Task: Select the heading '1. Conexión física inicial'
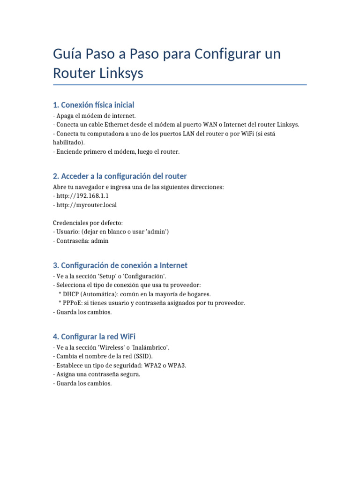pos(94,105)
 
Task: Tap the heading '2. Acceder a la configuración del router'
pos(120,176)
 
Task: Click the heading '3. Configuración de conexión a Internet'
pos(120,265)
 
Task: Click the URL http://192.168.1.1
pos(82,196)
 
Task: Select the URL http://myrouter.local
pos(87,205)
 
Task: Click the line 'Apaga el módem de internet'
pos(96,115)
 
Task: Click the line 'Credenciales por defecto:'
pos(88,223)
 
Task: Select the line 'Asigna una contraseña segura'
pos(98,374)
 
